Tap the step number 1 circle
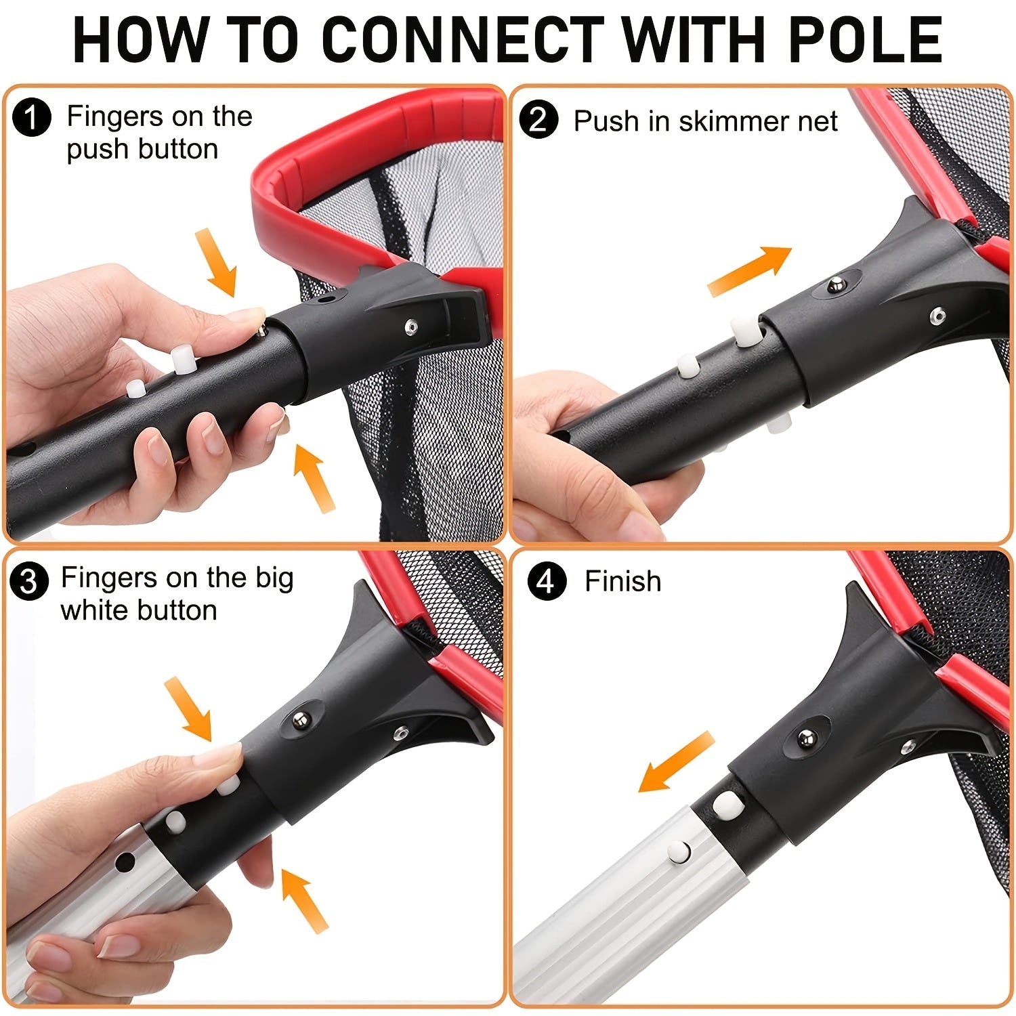tap(32, 118)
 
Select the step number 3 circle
tap(29, 581)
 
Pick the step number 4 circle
tap(546, 581)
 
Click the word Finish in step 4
tap(622, 581)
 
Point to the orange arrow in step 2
tap(749, 271)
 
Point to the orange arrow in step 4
tap(677, 762)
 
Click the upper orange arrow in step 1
tap(217, 263)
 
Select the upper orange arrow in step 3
tap(189, 708)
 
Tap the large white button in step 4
tap(727, 804)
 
